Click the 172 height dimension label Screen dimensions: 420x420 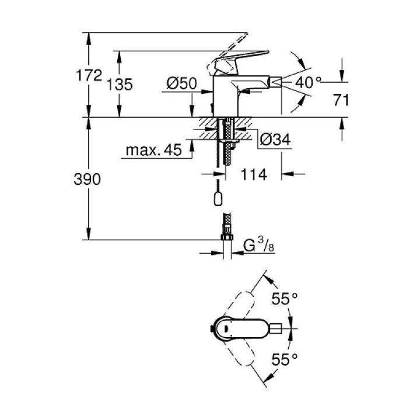click(x=89, y=75)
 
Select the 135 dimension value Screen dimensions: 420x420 click(x=120, y=85)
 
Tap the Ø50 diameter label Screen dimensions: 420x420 click(x=181, y=83)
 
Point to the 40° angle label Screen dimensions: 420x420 click(x=308, y=82)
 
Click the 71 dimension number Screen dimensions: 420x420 click(x=341, y=100)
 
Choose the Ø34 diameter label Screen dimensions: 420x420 click(x=275, y=139)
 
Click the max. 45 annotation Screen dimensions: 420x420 click(x=154, y=150)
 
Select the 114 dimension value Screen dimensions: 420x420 click(x=254, y=174)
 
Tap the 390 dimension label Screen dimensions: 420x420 click(x=87, y=179)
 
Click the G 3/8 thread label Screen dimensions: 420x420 click(x=259, y=245)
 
